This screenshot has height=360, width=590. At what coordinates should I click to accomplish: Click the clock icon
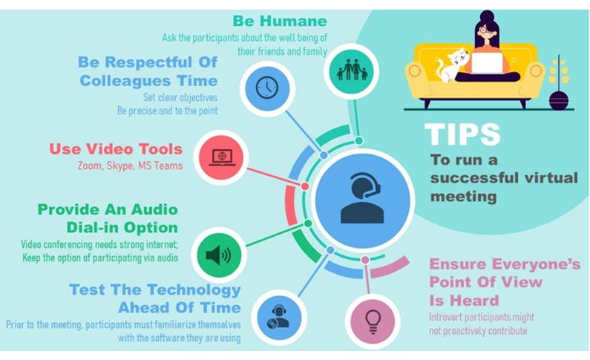click(x=266, y=88)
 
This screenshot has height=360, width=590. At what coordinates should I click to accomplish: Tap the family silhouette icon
click(x=352, y=70)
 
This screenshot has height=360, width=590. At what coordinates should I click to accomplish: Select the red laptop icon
click(x=222, y=157)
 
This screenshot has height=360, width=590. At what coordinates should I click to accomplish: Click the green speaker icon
click(x=219, y=256)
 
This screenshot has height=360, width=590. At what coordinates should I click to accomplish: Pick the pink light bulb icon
click(x=373, y=322)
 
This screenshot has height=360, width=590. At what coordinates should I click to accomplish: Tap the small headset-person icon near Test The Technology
click(x=278, y=317)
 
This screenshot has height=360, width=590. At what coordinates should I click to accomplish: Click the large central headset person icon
click(x=362, y=198)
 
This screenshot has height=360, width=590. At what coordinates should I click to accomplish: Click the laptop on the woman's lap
click(x=487, y=63)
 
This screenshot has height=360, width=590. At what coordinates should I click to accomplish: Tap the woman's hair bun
click(x=487, y=16)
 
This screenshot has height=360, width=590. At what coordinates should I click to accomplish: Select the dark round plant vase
click(x=558, y=99)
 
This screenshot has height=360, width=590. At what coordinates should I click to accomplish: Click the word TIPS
click(x=462, y=134)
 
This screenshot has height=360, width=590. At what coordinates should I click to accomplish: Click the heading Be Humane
click(x=280, y=21)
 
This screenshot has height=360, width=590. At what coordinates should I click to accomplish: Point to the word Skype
click(x=120, y=166)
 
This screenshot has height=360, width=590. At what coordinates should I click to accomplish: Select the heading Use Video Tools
click(x=116, y=149)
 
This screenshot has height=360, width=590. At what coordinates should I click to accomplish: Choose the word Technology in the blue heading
click(x=194, y=290)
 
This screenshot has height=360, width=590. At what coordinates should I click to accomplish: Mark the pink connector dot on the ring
click(x=365, y=260)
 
